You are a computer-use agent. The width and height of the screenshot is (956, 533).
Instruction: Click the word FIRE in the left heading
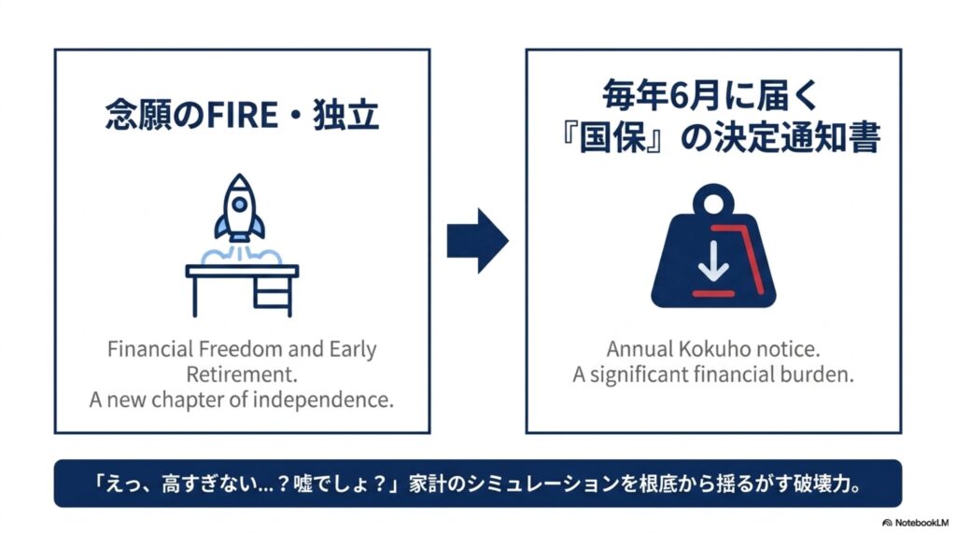click(x=243, y=115)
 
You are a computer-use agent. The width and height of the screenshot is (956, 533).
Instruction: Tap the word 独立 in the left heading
click(x=346, y=115)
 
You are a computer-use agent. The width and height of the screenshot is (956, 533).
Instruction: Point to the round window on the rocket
click(x=240, y=204)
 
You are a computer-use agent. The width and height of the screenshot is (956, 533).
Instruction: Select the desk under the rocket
click(x=242, y=290)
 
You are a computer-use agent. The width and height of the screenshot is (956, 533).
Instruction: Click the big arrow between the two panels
click(x=477, y=240)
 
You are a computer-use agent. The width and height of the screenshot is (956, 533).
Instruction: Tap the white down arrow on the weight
click(x=713, y=262)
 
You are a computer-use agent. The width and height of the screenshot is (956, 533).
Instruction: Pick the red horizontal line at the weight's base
click(x=713, y=294)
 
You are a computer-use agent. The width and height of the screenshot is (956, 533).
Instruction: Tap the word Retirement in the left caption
click(x=242, y=374)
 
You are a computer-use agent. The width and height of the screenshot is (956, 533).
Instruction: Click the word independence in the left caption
click(x=323, y=400)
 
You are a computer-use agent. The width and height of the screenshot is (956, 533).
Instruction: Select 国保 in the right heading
click(x=612, y=138)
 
